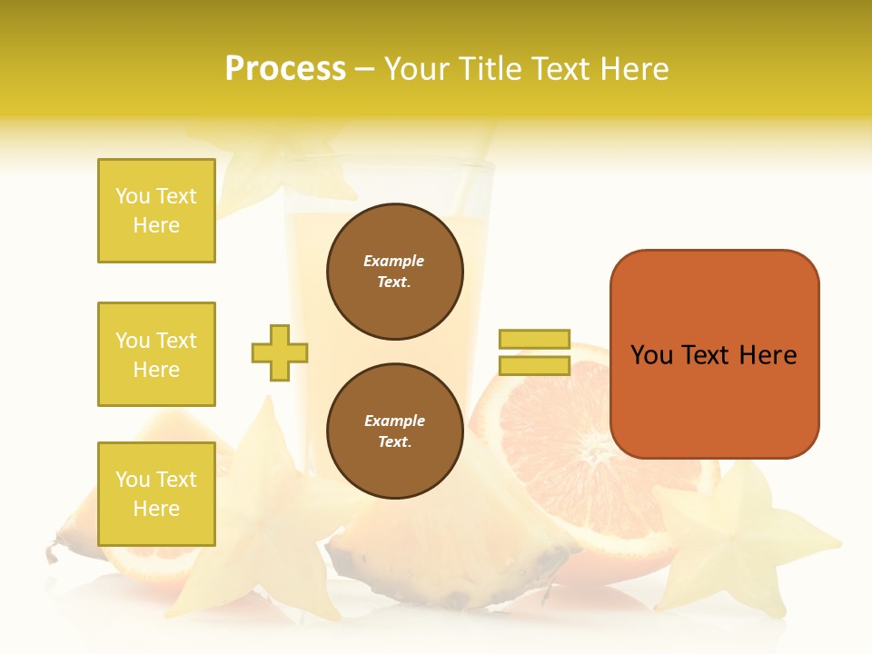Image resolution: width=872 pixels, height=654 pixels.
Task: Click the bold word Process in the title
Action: tap(285, 69)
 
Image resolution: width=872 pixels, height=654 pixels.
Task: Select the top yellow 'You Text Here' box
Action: tap(156, 211)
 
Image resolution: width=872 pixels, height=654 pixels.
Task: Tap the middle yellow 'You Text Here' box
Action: tap(156, 354)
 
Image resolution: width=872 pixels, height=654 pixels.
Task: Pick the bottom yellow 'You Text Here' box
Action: tap(156, 494)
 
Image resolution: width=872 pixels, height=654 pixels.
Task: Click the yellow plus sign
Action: tap(280, 352)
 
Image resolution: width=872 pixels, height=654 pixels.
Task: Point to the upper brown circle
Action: tap(394, 272)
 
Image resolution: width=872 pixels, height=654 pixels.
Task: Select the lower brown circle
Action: tap(394, 431)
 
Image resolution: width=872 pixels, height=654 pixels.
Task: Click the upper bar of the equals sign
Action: tap(534, 339)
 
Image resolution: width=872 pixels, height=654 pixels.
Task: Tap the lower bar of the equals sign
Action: tap(534, 366)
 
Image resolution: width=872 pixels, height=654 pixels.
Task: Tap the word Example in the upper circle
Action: tap(394, 261)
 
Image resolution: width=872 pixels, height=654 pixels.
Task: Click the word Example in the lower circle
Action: tap(394, 421)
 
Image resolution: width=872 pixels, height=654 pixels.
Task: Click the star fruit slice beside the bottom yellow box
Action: tap(263, 509)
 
